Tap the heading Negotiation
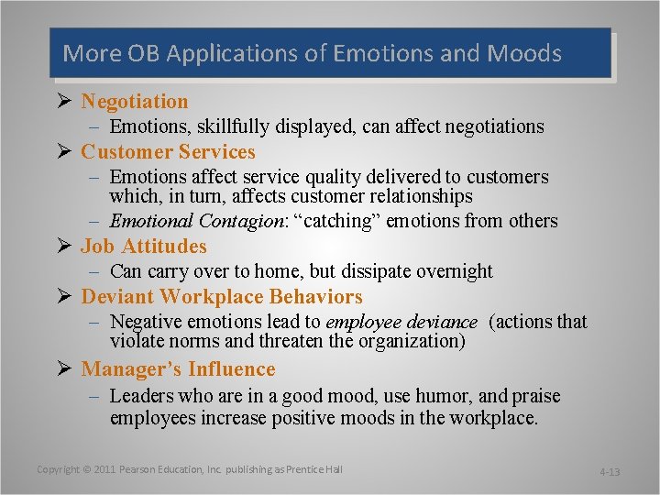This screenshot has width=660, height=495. click(135, 102)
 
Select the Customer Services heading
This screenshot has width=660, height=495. click(168, 152)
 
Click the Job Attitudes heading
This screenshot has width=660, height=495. click(144, 247)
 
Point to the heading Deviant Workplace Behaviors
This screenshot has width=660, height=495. click(222, 297)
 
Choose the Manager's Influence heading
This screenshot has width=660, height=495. click(178, 369)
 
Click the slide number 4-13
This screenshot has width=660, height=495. click(609, 472)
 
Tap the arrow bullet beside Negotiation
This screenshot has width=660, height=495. click(67, 102)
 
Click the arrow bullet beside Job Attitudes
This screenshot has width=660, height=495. click(67, 247)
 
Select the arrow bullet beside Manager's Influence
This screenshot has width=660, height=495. click(67, 369)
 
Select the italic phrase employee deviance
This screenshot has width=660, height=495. click(401, 322)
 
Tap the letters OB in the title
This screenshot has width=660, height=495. click(146, 53)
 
